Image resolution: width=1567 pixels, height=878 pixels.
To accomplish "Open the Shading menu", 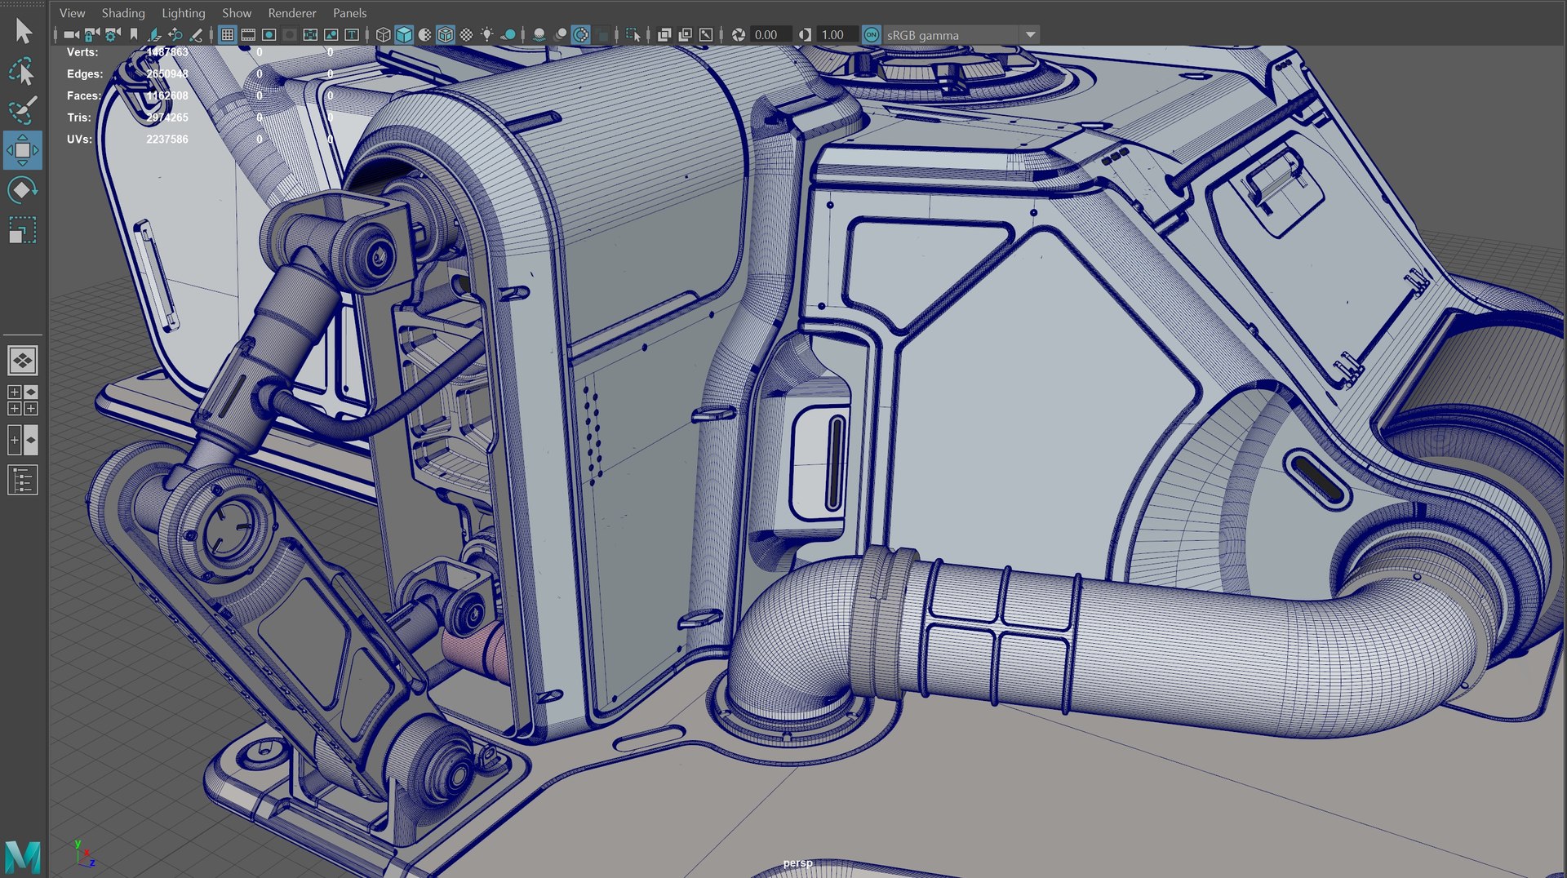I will [122, 13].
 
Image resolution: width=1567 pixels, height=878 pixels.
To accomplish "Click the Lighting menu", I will [183, 13].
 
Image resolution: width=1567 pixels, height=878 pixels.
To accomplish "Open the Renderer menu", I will [291, 13].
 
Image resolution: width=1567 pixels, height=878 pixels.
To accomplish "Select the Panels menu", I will [349, 13].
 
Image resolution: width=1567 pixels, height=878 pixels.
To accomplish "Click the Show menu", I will [237, 13].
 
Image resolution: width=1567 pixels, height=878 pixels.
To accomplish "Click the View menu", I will [72, 13].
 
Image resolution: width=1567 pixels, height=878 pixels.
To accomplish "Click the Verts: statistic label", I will [82, 52].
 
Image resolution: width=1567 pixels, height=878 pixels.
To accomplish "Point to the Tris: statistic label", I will [78, 118].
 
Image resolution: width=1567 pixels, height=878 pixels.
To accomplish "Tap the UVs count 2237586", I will [167, 140].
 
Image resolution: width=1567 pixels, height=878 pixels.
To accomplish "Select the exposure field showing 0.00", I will [766, 35].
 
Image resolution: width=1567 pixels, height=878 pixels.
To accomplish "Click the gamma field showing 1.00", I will [832, 35].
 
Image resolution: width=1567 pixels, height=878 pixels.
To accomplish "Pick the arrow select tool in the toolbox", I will [23, 31].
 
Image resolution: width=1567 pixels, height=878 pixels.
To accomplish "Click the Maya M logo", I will [23, 856].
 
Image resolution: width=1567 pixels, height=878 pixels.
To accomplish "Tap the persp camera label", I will [797, 863].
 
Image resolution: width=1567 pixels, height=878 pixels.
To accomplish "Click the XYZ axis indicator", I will [83, 854].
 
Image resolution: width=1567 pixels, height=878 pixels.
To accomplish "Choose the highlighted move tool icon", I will [23, 150].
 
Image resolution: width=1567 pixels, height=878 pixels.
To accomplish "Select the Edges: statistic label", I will [85, 74].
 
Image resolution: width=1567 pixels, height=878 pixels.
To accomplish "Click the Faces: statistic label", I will [84, 96].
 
